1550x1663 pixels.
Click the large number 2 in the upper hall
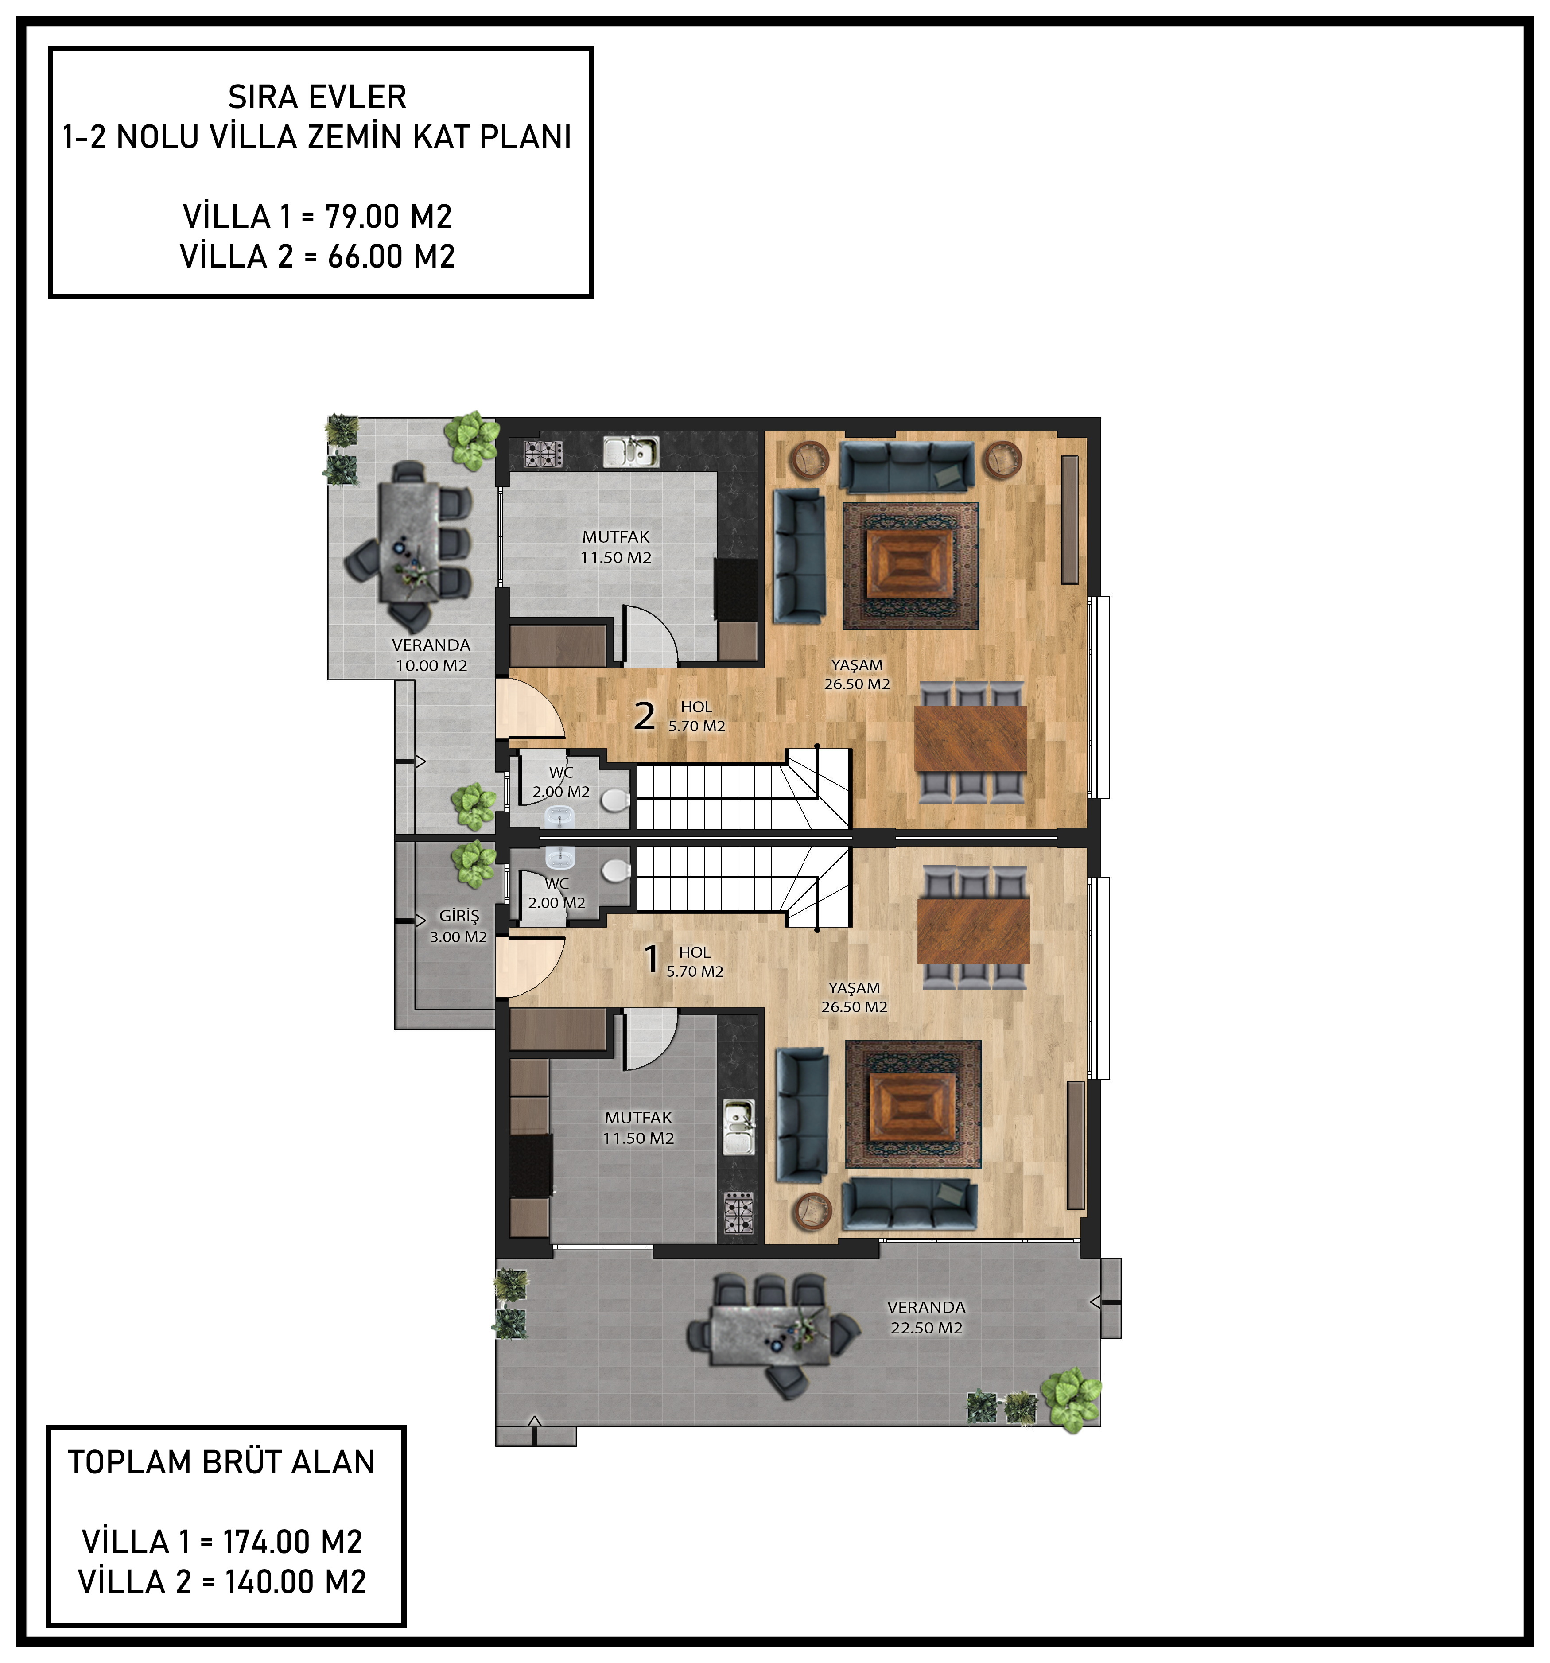click(x=644, y=716)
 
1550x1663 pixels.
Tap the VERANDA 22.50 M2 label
click(x=926, y=1317)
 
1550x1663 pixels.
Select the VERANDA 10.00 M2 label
click(x=431, y=656)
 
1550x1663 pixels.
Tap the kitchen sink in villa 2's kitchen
click(x=631, y=452)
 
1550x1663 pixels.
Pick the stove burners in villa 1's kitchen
click(x=738, y=1214)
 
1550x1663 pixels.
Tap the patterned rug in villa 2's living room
click(x=910, y=566)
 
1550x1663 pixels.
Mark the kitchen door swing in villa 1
click(x=651, y=1040)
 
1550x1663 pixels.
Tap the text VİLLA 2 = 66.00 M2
click(x=318, y=256)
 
